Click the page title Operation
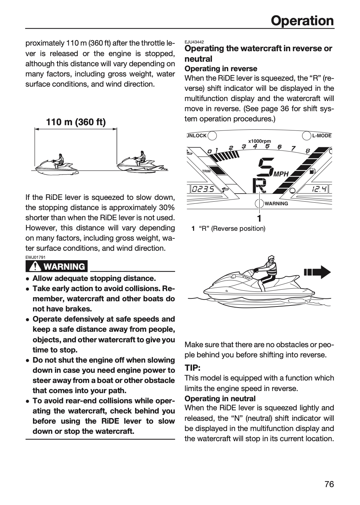click(302, 21)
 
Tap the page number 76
click(329, 484)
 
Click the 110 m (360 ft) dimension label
click(76, 122)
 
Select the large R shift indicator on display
click(259, 186)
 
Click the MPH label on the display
click(281, 174)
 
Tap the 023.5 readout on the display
click(203, 189)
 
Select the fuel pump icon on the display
click(312, 171)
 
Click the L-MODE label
click(322, 135)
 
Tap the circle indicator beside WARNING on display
click(259, 203)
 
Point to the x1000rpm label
click(260, 141)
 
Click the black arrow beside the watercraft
click(317, 272)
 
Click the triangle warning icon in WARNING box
click(35, 267)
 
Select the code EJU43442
click(194, 42)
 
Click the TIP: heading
click(192, 368)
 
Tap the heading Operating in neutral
click(220, 399)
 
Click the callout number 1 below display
click(259, 218)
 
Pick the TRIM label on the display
click(206, 171)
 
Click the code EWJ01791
click(35, 257)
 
